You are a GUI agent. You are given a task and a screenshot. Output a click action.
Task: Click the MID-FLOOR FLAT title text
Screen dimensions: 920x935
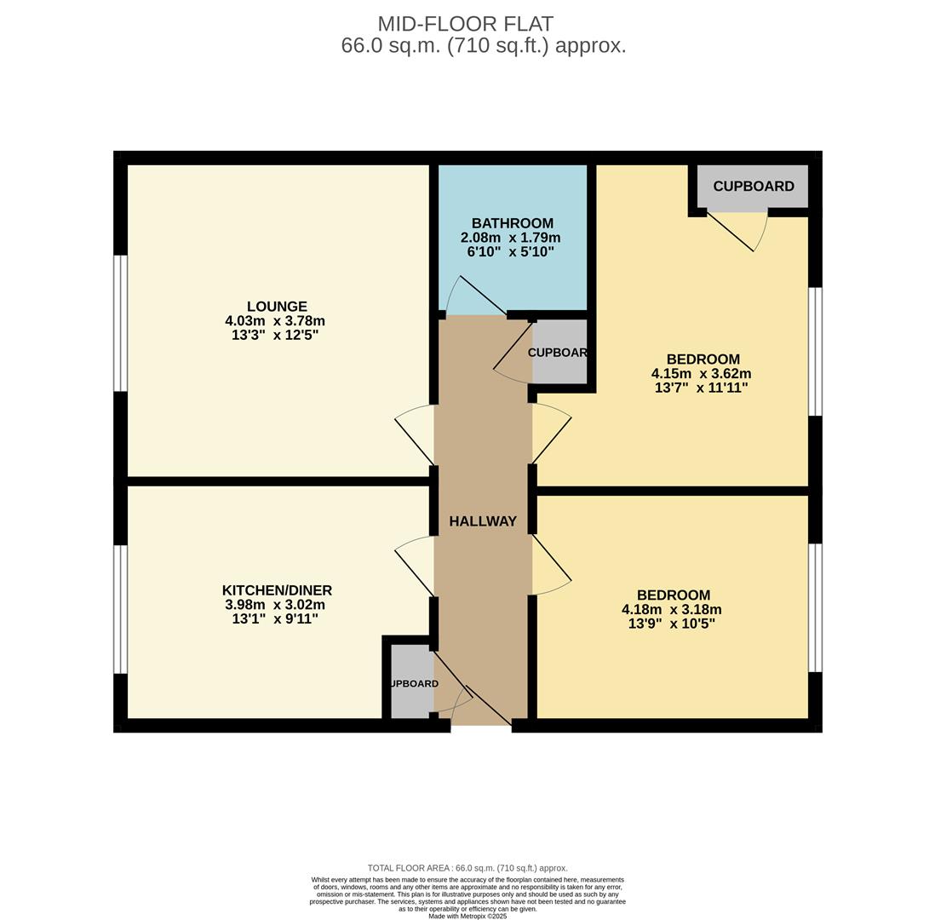point(465,24)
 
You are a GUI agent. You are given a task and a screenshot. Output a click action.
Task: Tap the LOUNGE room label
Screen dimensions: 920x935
point(277,307)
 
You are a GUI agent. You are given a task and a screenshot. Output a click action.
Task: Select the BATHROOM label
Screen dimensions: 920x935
point(512,223)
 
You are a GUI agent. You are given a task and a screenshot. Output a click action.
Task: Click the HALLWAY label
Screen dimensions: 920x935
point(483,521)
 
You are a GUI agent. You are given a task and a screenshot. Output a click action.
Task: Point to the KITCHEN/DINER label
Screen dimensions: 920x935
point(277,590)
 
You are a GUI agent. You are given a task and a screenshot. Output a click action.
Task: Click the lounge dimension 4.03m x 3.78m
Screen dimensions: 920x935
point(275,321)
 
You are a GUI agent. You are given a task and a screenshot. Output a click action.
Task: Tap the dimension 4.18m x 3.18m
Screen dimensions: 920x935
point(672,609)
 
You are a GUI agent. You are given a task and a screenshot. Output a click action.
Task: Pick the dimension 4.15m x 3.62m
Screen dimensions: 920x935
point(701,373)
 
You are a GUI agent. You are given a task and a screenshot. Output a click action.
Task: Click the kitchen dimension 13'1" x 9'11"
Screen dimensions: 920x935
point(275,619)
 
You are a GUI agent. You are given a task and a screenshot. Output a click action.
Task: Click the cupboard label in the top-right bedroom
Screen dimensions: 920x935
point(754,187)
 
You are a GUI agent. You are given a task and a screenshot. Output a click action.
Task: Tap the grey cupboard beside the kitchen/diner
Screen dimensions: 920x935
point(411,683)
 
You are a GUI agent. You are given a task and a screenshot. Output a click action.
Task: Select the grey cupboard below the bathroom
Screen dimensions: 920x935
point(559,353)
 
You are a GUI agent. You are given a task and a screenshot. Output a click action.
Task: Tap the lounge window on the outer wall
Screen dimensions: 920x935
point(121,323)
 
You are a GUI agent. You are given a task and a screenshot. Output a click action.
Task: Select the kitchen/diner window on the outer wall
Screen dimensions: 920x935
point(121,609)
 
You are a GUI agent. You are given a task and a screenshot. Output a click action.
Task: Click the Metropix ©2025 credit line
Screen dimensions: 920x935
point(467,917)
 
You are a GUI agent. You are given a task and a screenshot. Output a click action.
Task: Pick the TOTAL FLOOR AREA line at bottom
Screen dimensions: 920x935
point(467,868)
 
